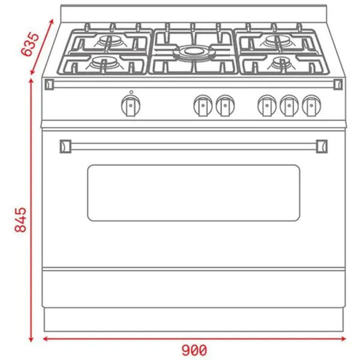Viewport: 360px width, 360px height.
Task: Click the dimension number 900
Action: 194,350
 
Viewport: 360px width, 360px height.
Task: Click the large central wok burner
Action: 193,52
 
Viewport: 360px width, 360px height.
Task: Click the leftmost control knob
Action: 130,106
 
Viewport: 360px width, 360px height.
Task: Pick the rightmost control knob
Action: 310,106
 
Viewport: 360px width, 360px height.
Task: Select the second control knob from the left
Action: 203,106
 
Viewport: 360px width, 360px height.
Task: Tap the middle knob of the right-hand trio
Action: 289,106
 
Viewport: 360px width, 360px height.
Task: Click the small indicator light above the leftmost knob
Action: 130,92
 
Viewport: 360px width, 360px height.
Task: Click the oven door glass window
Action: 193,193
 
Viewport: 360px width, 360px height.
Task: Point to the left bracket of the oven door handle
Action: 66,145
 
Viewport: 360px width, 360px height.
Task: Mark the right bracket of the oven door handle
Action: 322,145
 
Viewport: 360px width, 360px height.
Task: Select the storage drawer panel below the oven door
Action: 193,289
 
